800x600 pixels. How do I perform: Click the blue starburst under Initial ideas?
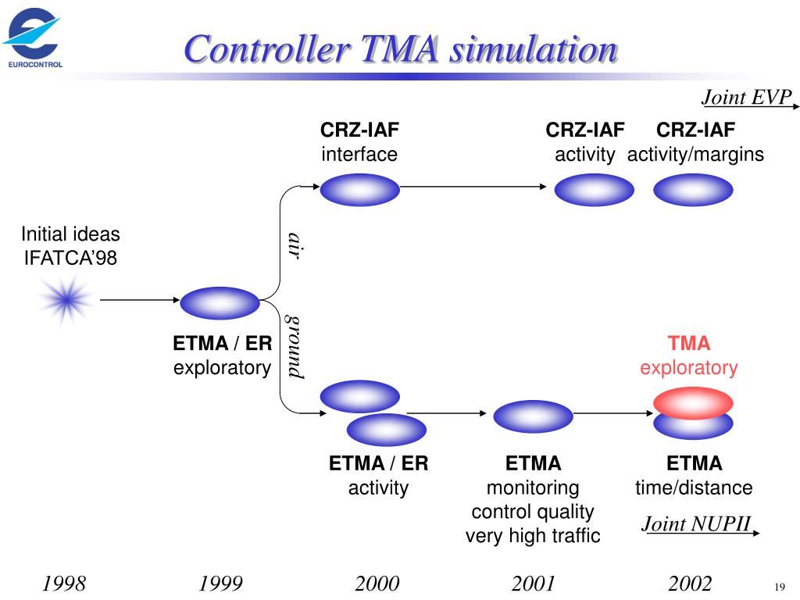coord(67,298)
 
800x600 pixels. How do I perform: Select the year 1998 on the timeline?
coord(64,584)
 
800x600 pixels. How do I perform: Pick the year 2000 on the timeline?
coord(377,584)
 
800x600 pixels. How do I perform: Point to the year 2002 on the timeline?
coord(690,584)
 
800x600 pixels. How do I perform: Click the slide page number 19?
coord(779,587)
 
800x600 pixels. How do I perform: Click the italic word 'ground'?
coord(294,347)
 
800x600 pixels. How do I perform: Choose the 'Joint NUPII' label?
coord(697,523)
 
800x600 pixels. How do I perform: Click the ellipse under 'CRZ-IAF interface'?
coord(359,190)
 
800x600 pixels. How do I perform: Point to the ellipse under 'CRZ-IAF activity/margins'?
coord(693,190)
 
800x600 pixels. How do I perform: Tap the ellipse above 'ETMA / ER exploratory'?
coord(220,303)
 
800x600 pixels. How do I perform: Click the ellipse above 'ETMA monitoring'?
coord(534,416)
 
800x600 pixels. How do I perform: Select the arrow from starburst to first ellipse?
coord(139,299)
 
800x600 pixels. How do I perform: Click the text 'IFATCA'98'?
coord(70,256)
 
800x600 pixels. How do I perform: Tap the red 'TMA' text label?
coord(688,344)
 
